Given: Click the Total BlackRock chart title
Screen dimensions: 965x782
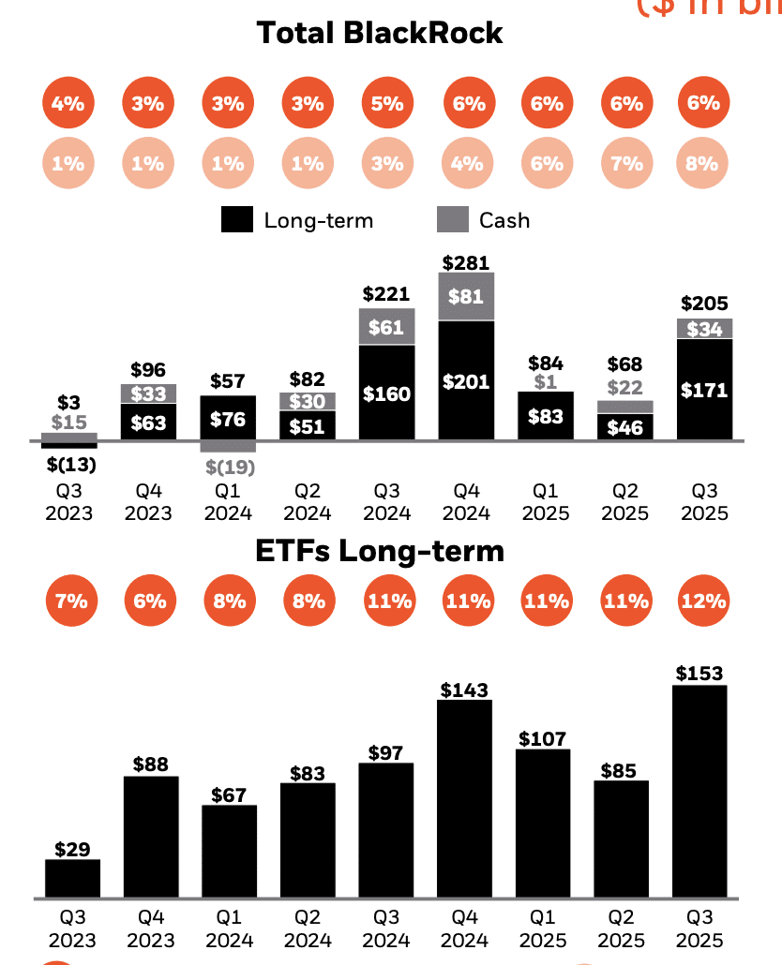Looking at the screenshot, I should pos(379,33).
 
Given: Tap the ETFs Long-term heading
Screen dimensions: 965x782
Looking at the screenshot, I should pos(379,551).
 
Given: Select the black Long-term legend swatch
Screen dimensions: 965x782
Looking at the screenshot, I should pos(236,220).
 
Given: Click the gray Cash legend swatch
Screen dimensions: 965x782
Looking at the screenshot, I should pos(453,220).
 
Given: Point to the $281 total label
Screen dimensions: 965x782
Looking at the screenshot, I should pos(465,262).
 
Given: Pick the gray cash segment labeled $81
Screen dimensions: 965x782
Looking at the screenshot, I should pos(465,297).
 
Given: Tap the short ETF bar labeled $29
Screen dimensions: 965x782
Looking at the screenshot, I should pos(72,878).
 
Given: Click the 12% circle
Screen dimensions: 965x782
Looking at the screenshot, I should pos(703,601).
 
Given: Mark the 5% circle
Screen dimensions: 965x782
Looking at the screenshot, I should pos(386,104).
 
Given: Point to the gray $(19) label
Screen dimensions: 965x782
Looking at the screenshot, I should pos(228,466).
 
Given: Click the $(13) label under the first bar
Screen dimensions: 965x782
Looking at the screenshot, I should pos(69,463).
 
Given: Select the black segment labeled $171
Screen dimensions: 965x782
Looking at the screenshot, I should pos(704,390).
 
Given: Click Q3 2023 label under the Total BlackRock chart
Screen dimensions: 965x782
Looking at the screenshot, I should pos(69,502).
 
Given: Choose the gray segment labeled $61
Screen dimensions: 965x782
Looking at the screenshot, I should pos(386,327).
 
